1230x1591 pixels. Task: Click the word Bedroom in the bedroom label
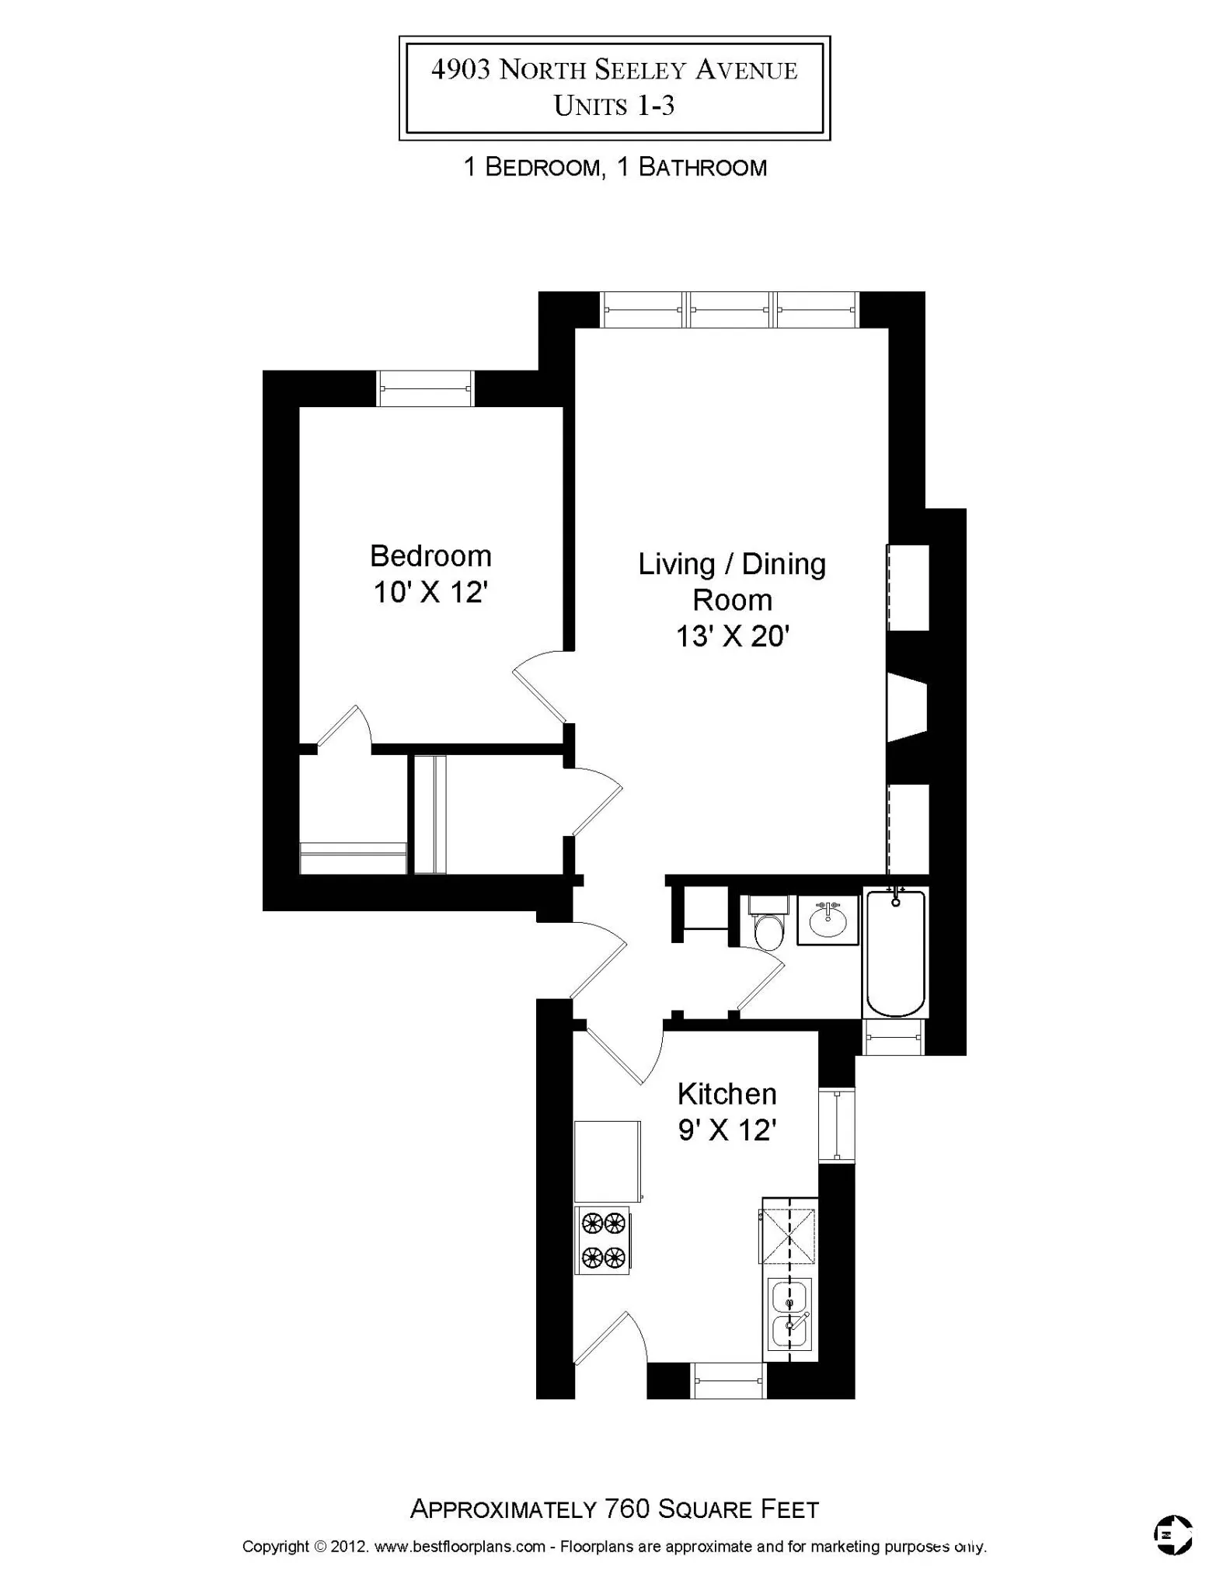pos(430,556)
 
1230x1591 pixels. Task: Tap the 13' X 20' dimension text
pos(732,636)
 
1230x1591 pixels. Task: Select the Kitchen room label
pos(727,1094)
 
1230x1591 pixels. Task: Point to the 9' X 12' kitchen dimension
pos(727,1130)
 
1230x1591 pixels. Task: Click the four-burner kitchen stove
pos(603,1241)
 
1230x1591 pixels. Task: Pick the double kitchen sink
pos(789,1314)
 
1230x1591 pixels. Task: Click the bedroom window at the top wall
pos(425,388)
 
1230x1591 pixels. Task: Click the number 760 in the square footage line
pos(626,1509)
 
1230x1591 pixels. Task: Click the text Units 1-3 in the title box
pos(614,106)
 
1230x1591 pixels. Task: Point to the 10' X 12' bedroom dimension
pos(430,593)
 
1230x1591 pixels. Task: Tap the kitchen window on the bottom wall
pos(729,1380)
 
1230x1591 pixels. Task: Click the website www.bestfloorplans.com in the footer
pos(460,1546)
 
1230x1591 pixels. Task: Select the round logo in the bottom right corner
pos(1173,1535)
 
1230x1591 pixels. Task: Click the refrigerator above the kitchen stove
pos(608,1162)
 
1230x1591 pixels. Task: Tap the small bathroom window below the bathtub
pos(894,1037)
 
